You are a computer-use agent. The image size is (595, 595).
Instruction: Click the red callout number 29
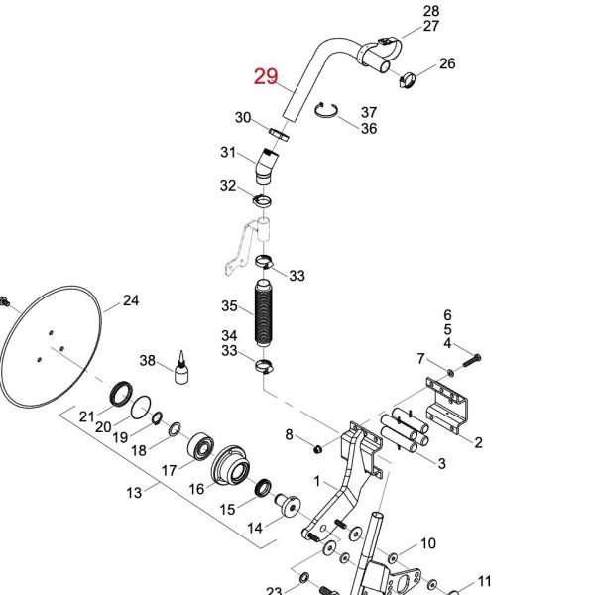[x=266, y=76]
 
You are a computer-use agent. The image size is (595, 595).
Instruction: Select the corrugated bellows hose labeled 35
[x=264, y=313]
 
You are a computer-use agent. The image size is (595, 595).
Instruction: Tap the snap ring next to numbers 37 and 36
[x=326, y=111]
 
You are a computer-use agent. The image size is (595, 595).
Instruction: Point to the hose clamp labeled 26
[x=408, y=80]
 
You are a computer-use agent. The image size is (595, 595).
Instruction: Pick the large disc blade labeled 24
[x=51, y=347]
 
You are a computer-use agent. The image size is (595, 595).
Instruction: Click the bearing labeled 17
[x=200, y=445]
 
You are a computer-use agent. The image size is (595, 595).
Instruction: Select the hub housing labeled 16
[x=231, y=466]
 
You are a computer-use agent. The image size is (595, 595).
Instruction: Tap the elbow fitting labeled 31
[x=266, y=167]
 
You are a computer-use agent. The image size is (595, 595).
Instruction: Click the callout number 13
[x=134, y=493]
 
